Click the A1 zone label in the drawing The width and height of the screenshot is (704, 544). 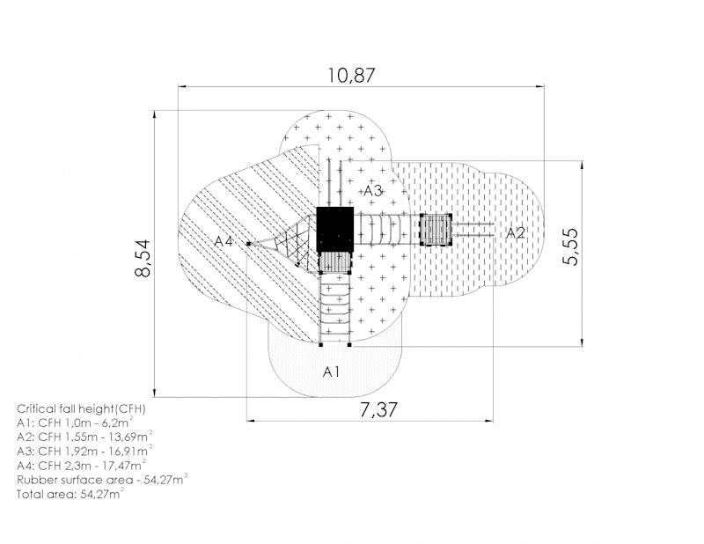(x=331, y=371)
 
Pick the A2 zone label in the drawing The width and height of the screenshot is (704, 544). (x=515, y=232)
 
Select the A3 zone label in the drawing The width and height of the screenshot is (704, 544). (x=372, y=190)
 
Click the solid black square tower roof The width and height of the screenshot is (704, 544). (x=334, y=226)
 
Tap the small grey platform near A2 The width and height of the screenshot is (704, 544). (x=435, y=230)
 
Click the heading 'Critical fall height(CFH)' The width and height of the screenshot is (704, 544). (x=81, y=409)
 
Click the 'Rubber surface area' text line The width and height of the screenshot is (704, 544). (x=101, y=480)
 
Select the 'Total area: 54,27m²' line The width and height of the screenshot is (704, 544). (x=70, y=494)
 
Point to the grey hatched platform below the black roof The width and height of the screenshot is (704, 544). (x=334, y=261)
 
